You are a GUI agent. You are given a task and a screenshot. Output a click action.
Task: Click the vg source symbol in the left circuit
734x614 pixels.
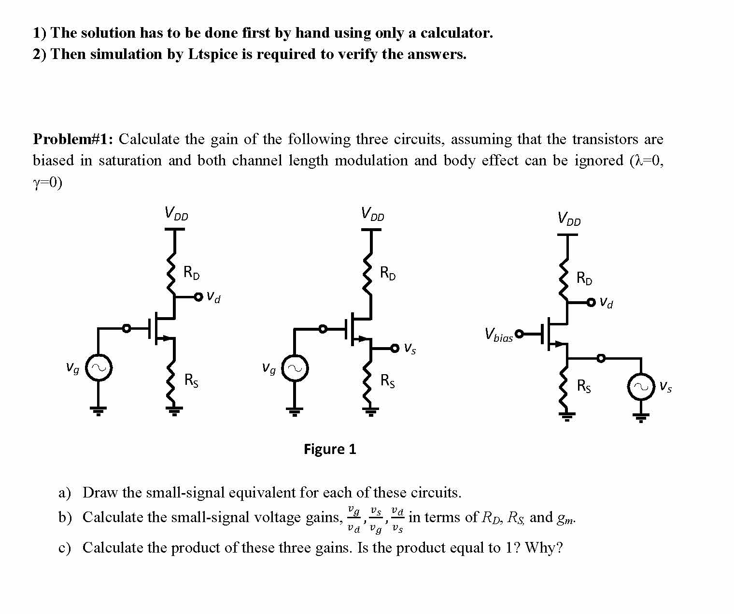99,368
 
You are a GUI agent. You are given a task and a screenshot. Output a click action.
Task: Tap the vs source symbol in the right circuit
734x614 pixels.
641,387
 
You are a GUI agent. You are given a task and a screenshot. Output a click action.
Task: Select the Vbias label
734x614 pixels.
498,335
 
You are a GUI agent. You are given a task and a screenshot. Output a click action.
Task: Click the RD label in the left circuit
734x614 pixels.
191,273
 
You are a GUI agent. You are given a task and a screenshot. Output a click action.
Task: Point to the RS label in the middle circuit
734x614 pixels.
388,381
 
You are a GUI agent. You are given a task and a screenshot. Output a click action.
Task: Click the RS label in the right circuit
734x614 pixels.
584,386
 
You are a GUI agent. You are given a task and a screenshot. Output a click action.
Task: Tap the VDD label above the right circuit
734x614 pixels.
569,219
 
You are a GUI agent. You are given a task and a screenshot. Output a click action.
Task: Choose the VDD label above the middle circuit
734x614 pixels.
372,214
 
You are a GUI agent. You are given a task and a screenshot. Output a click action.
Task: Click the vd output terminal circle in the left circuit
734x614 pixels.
198,297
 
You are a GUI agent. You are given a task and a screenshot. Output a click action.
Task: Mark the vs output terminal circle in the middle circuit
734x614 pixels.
395,348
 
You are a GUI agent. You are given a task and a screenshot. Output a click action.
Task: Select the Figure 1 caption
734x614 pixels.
330,449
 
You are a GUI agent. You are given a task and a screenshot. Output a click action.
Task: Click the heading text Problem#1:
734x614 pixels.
73,139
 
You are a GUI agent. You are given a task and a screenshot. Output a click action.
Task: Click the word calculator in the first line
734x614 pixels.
456,32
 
